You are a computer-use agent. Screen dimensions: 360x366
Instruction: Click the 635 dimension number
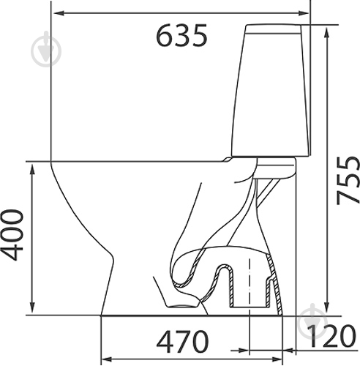click(x=181, y=35)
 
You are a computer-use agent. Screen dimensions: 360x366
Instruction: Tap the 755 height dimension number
click(x=348, y=180)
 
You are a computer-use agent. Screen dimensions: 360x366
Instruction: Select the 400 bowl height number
click(x=12, y=235)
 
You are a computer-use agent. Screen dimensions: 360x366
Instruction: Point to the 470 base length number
click(x=182, y=342)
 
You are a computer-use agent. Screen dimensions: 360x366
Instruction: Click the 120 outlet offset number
click(x=331, y=336)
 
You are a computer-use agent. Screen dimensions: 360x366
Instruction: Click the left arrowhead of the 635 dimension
click(x=59, y=13)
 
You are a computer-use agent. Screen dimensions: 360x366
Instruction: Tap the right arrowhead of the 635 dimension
click(x=303, y=13)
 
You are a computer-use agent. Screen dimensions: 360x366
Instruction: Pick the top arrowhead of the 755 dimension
click(x=326, y=33)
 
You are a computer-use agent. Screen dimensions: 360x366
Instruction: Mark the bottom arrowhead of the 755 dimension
click(x=326, y=309)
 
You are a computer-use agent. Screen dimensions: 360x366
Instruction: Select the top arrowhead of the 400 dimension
click(x=32, y=170)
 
